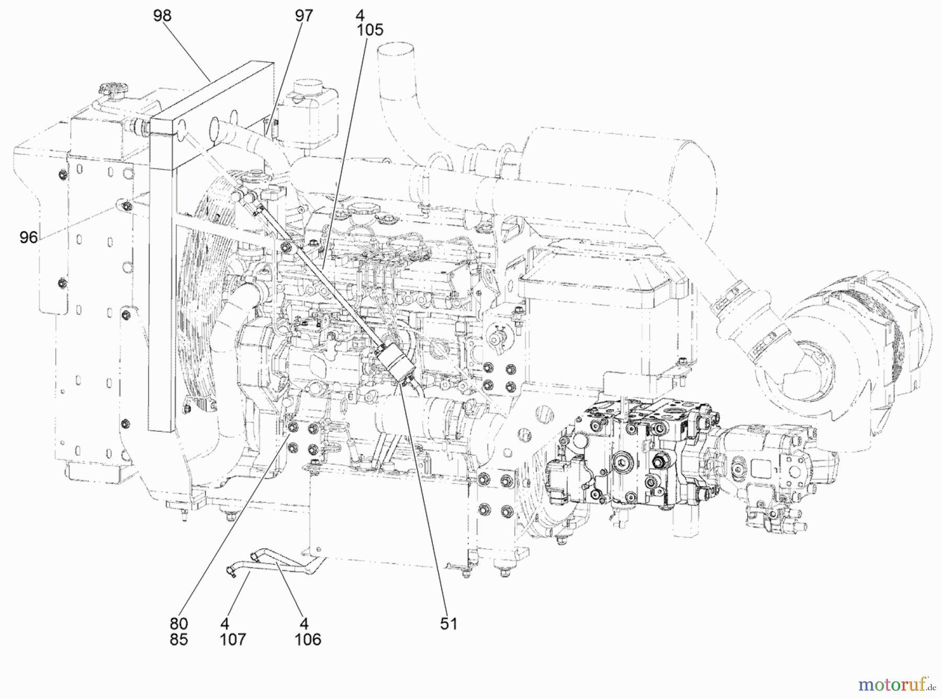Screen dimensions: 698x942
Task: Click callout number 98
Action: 162,16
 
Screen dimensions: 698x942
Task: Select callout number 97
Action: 304,16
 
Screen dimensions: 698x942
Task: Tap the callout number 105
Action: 370,30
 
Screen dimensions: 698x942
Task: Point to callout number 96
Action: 29,238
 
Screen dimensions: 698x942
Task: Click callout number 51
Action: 448,624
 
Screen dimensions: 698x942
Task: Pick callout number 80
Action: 178,624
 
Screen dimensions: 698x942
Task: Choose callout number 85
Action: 178,639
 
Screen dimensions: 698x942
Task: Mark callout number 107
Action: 233,639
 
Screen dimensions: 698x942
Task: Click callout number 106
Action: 308,639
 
